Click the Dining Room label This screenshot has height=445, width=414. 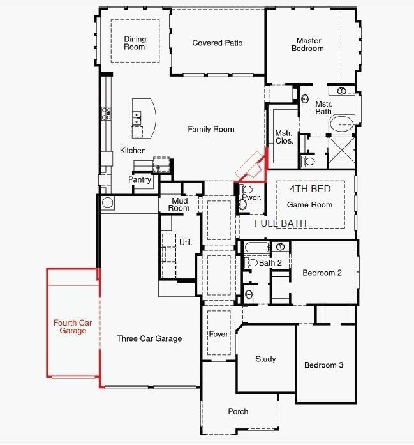135,43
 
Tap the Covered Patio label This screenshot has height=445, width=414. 218,43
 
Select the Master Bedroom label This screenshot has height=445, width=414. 308,44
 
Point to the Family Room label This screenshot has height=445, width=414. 211,129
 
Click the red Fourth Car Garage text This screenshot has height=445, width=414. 73,327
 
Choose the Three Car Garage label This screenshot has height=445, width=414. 149,339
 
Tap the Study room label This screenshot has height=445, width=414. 265,359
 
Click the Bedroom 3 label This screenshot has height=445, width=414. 323,365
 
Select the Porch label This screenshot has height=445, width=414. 238,412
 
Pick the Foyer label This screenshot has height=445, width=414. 218,335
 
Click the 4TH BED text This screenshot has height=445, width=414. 310,190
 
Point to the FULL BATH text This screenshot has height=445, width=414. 281,223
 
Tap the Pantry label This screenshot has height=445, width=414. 140,180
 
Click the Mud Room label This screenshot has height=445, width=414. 179,204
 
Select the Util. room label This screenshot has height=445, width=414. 186,243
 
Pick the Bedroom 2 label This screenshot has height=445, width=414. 322,273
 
